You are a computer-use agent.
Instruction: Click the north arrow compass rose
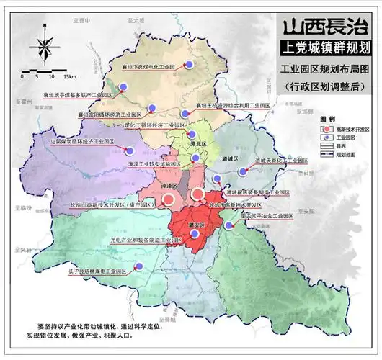tap(44, 48)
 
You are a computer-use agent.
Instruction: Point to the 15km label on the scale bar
tap(69, 76)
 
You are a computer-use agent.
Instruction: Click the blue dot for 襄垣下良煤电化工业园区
tap(191, 65)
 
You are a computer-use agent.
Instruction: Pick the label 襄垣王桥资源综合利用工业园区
tap(233, 105)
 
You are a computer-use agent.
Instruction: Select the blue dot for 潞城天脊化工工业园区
tap(244, 171)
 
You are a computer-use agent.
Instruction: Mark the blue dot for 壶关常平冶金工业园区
tap(229, 225)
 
